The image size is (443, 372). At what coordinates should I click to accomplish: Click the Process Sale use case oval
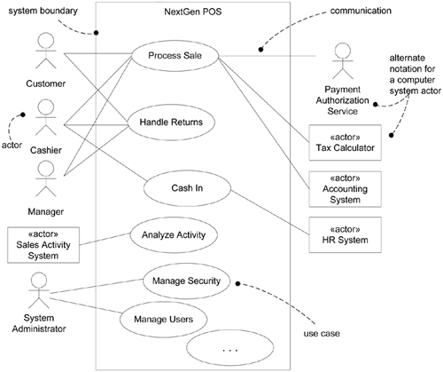point(174,56)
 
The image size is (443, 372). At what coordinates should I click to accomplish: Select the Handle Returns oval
point(174,122)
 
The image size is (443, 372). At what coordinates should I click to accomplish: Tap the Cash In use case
point(188,187)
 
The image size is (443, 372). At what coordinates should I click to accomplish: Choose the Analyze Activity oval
point(174,235)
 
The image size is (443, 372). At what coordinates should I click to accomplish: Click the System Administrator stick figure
point(37,292)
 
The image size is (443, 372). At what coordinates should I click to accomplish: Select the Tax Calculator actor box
point(347,142)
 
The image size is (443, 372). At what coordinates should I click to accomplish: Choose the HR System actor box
point(347,234)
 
